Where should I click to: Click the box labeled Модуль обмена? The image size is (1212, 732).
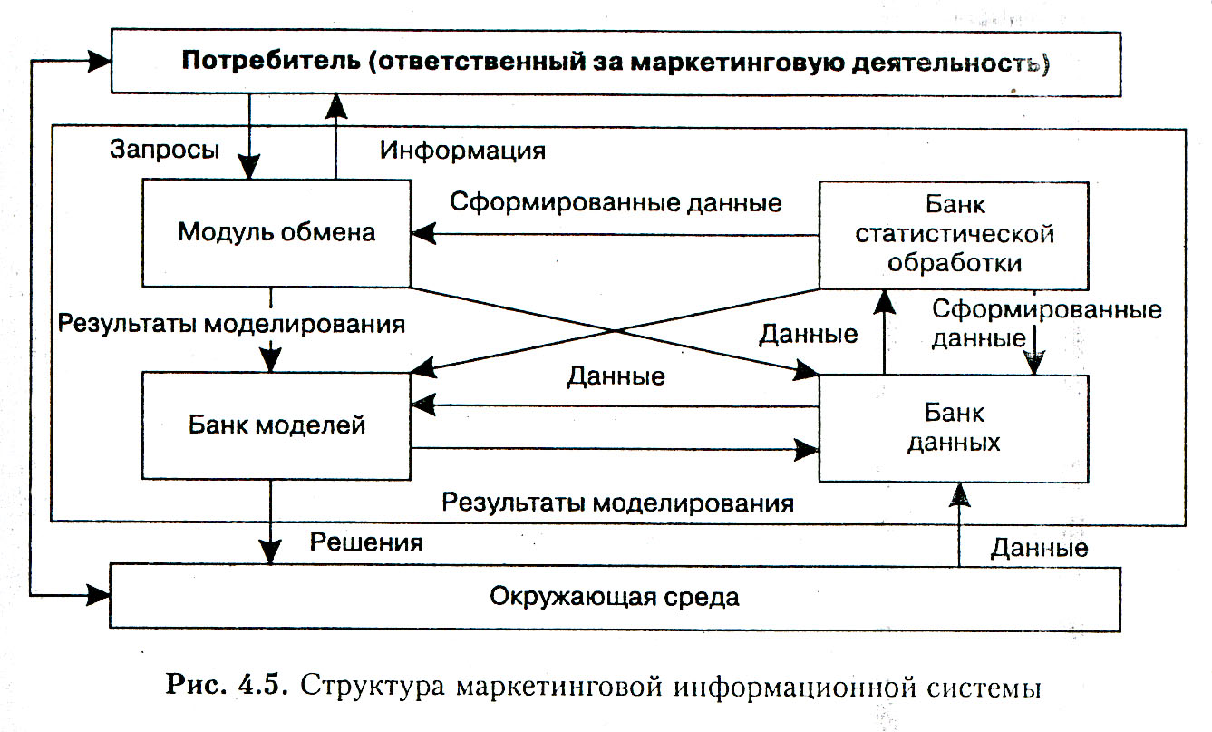click(276, 232)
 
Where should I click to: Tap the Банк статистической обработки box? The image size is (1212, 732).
click(954, 236)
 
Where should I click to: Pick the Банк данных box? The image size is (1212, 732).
click(954, 428)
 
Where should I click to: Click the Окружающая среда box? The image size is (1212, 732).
click(615, 598)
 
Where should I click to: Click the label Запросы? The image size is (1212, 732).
click(164, 150)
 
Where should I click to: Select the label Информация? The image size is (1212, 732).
click(462, 150)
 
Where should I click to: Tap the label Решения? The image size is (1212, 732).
click(367, 542)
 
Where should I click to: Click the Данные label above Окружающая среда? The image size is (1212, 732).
click(1039, 547)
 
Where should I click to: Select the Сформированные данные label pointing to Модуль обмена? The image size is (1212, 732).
click(616, 201)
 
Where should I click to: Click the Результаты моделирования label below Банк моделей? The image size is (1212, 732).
click(617, 503)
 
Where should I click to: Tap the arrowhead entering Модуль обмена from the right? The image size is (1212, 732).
click(422, 235)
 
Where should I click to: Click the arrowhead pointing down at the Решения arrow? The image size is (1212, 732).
click(271, 551)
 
